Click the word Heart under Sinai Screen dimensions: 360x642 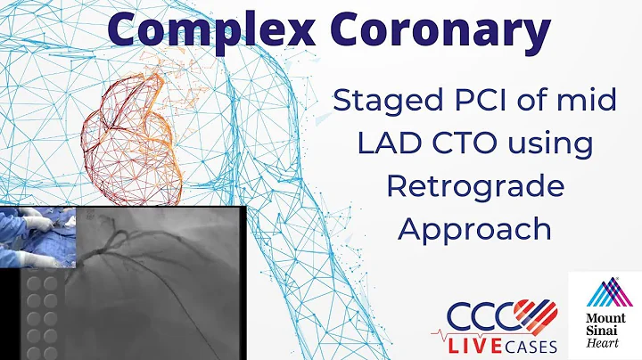pyautogui.click(x=605, y=341)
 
